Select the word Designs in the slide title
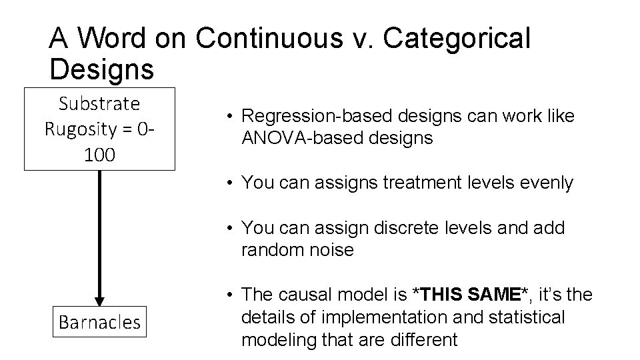click(x=101, y=68)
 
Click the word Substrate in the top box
click(x=99, y=104)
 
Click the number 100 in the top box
click(x=99, y=155)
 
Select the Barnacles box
click(x=100, y=323)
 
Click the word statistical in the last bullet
click(x=527, y=317)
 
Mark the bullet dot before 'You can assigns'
click(x=228, y=183)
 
